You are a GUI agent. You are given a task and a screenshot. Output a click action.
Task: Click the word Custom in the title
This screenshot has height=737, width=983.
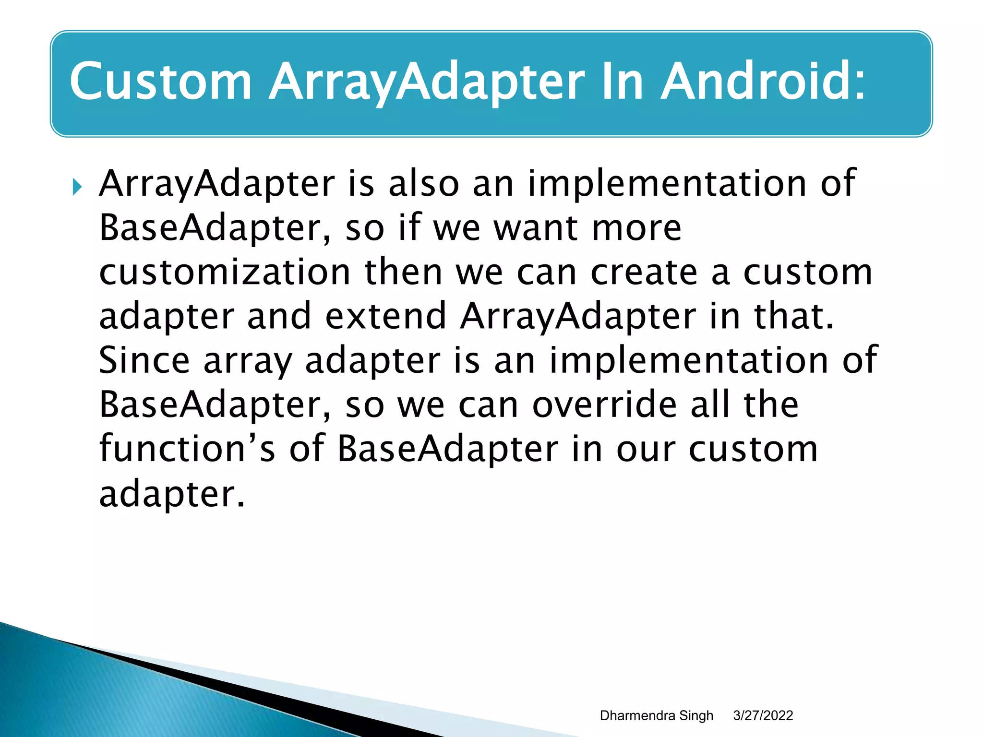[161, 82]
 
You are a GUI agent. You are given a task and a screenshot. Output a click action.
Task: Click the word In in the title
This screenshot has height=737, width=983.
[622, 82]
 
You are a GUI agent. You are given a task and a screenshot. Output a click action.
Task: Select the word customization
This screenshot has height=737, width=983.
[225, 272]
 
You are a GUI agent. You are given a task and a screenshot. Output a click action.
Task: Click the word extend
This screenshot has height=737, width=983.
[386, 316]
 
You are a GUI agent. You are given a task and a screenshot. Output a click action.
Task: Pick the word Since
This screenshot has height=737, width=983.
[144, 360]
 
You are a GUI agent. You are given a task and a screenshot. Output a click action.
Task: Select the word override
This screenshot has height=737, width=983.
[604, 404]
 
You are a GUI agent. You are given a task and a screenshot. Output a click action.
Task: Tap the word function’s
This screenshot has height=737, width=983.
[187, 449]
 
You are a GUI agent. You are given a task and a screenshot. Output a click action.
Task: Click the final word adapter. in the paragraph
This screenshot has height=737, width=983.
[172, 495]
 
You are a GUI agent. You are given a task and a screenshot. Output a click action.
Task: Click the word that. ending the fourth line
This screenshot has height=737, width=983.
[794, 316]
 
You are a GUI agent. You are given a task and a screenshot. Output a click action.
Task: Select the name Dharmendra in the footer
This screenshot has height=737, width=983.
[637, 715]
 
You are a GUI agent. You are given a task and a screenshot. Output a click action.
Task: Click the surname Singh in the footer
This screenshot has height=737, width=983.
[696, 716]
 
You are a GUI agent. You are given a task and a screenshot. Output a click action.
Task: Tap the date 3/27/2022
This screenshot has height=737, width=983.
[763, 715]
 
